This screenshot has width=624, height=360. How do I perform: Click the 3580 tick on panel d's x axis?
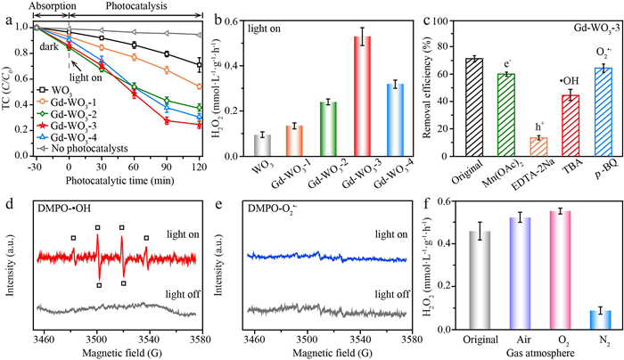pyautogui.click(x=197, y=340)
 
